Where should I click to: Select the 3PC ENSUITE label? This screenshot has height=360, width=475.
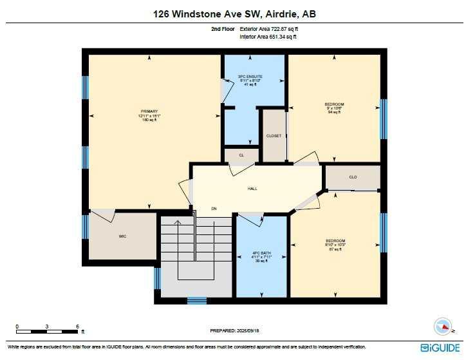tap(254, 77)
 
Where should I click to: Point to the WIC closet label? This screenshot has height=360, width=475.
tap(122, 236)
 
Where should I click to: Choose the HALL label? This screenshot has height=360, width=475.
tap(253, 189)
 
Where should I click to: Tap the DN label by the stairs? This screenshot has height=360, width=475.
tap(214, 209)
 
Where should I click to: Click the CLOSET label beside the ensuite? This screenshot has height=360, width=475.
tap(274, 136)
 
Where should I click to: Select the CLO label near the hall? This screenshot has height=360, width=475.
tap(353, 176)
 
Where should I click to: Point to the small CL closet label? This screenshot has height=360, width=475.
tap(241, 155)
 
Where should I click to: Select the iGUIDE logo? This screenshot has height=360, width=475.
tap(441, 348)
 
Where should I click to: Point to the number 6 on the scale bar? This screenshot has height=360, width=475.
tap(77, 326)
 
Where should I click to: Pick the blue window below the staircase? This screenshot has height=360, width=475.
tap(196, 300)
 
